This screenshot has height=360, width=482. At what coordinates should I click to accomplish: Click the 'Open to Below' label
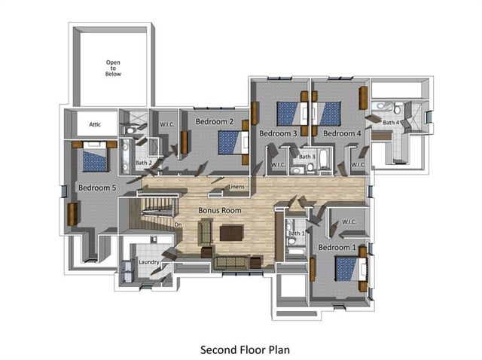[113, 68]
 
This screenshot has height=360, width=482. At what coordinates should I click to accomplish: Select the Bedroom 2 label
[215, 121]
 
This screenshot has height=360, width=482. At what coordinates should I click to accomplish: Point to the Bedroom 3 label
[278, 133]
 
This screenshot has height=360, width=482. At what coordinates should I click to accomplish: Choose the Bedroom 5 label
[97, 188]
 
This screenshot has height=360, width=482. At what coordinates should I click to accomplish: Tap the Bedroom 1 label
[337, 247]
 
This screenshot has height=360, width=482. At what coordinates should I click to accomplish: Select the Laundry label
[148, 263]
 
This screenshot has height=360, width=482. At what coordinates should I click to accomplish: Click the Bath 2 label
[144, 163]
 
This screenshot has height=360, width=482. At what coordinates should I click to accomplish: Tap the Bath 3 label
[306, 157]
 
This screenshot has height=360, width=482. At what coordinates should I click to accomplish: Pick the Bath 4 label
[390, 122]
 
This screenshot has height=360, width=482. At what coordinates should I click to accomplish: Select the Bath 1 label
[296, 233]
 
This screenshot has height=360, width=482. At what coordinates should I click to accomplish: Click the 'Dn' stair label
[178, 224]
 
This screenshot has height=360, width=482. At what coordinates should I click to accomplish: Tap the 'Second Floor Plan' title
[245, 349]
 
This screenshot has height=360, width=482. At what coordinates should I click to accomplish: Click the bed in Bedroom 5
[95, 159]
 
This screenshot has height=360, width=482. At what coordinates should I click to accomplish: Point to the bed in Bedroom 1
[347, 269]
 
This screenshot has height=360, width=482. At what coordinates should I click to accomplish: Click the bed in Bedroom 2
[231, 142]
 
